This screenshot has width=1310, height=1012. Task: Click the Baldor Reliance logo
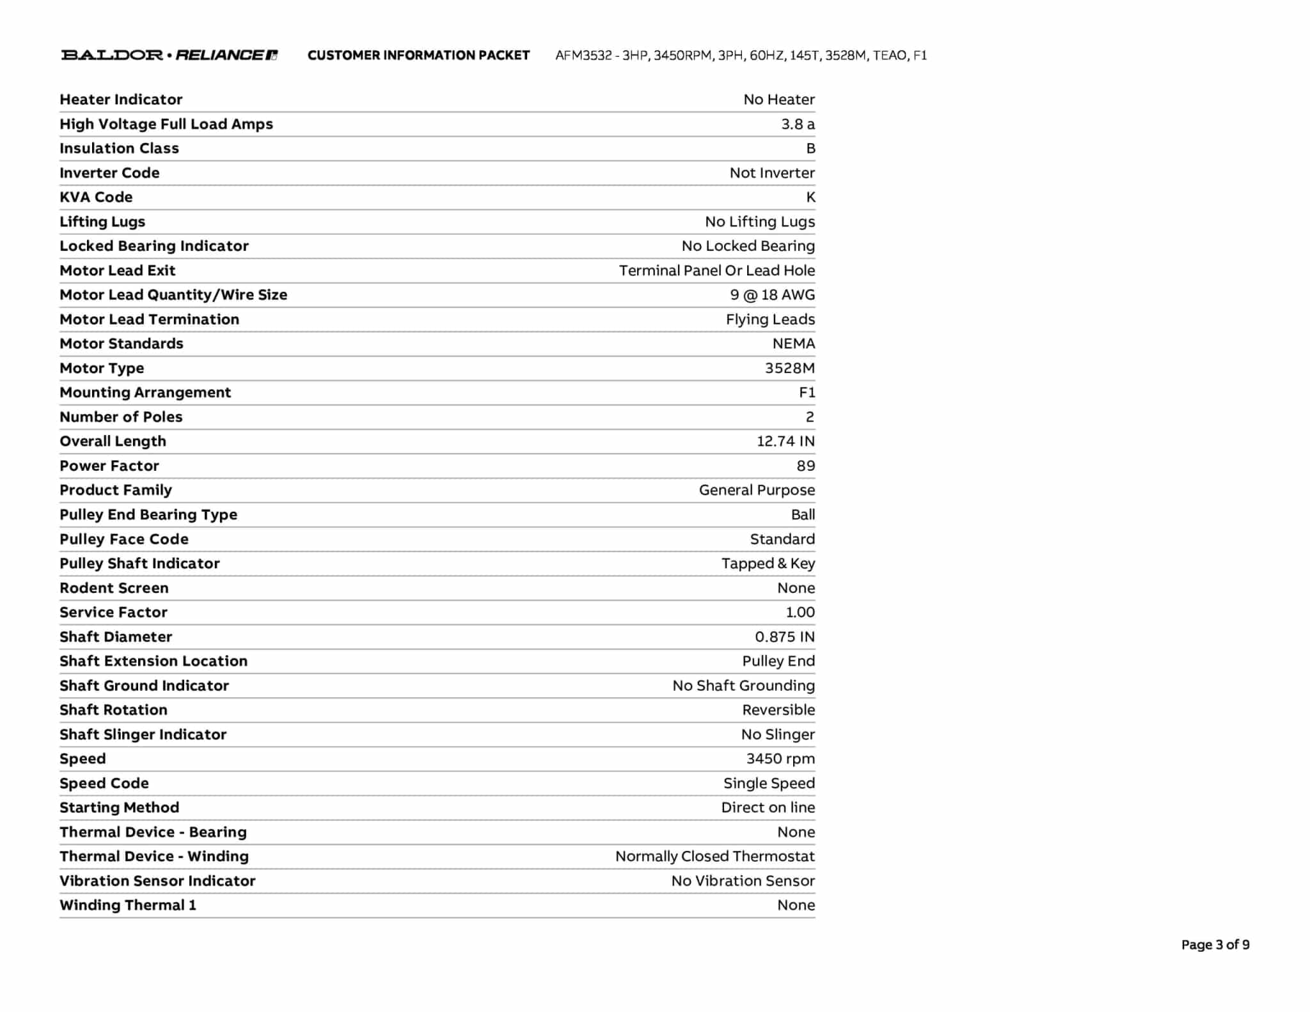(x=169, y=55)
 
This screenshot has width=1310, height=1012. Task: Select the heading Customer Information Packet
(x=418, y=56)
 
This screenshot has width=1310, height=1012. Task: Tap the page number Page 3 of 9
(x=1215, y=945)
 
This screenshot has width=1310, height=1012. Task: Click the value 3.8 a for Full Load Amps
(x=798, y=124)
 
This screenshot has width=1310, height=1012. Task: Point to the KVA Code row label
(x=96, y=197)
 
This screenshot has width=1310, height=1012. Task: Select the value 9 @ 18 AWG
(x=772, y=295)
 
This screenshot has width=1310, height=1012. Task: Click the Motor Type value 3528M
(x=789, y=368)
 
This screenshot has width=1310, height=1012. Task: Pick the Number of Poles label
(x=121, y=417)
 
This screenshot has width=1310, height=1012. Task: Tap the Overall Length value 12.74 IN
(x=785, y=441)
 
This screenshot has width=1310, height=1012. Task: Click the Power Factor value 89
(x=805, y=466)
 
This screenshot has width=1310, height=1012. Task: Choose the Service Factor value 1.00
(x=800, y=612)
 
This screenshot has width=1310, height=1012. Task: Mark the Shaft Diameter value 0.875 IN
(x=784, y=636)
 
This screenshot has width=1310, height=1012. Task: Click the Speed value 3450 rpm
(x=780, y=759)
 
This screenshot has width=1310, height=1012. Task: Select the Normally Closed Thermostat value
(x=714, y=857)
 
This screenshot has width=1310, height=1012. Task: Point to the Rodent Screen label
(x=114, y=588)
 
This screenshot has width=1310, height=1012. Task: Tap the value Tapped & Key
(x=768, y=564)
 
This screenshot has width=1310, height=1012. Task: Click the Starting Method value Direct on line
(x=768, y=807)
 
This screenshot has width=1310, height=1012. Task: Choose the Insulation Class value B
(x=810, y=148)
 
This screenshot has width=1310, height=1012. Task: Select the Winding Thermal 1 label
(x=127, y=905)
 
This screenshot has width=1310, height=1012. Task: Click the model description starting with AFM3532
(x=741, y=56)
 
